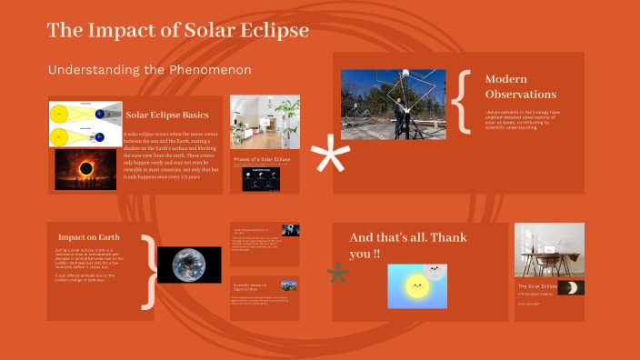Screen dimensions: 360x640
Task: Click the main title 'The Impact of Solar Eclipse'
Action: click(x=178, y=30)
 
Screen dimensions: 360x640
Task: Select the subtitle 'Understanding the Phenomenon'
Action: click(x=149, y=70)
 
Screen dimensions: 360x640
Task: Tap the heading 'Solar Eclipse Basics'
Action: click(x=168, y=115)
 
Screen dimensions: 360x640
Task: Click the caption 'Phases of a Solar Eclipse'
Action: click(x=263, y=159)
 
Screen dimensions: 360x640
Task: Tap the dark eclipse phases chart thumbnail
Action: click(x=260, y=178)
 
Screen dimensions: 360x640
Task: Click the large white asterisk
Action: click(x=330, y=157)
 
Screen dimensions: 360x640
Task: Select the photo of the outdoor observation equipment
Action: click(x=394, y=105)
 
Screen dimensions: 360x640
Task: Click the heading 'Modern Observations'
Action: click(x=520, y=86)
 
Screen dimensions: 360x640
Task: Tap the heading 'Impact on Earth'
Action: click(x=89, y=236)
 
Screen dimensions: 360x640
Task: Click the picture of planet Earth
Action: click(x=189, y=265)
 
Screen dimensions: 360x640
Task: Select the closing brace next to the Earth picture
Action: click(x=147, y=271)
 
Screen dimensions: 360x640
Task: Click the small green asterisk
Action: click(x=337, y=275)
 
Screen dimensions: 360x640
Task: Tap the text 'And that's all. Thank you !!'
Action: click(x=400, y=245)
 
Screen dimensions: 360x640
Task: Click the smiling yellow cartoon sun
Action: click(x=415, y=287)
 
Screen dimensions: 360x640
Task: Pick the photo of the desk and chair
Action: click(x=549, y=249)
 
